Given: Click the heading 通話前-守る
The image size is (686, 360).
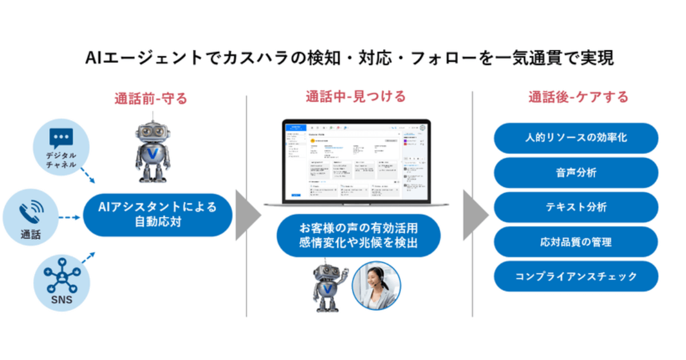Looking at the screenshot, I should (x=151, y=98).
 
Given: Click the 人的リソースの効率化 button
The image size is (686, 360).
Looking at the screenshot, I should (x=576, y=138).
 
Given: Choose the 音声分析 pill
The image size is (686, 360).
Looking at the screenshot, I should (x=576, y=173).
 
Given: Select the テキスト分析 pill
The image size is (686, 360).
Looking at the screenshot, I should (x=576, y=207).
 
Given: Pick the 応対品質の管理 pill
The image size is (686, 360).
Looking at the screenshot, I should (x=576, y=242).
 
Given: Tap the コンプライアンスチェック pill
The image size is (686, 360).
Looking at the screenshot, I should (x=576, y=277).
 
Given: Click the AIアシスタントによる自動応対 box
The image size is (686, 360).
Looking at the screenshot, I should (x=158, y=215).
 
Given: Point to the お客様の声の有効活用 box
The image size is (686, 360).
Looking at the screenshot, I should (x=358, y=235).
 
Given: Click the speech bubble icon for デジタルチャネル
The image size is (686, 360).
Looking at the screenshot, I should (x=61, y=138).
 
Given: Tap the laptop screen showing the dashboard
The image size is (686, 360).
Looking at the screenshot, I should (x=356, y=162).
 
